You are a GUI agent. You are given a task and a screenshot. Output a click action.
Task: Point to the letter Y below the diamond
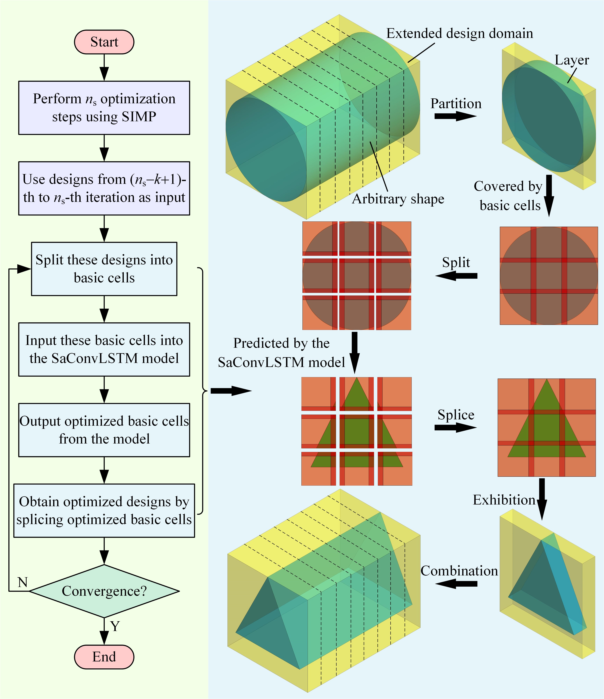[115, 626]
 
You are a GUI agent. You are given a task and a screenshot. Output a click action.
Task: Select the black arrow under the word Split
[456, 276]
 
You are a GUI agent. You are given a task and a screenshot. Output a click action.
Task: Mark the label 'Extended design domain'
[460, 33]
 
